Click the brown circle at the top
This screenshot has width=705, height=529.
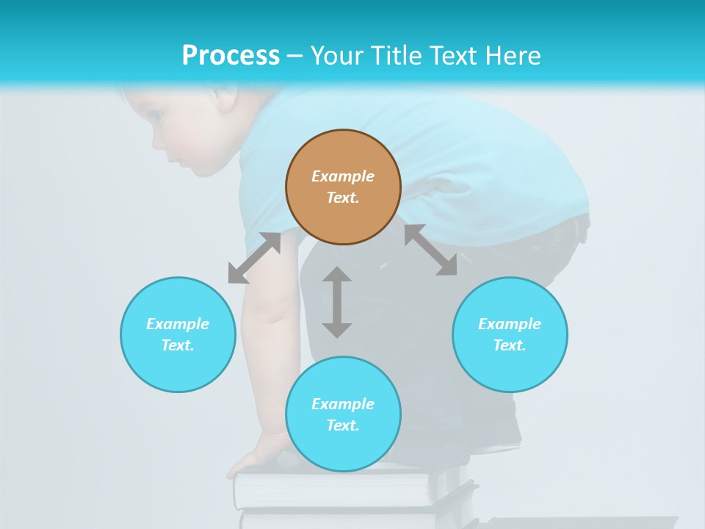pos(343,187)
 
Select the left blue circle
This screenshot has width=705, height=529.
pos(178,334)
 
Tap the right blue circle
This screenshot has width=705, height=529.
pos(510,334)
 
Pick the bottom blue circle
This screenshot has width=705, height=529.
pos(343,414)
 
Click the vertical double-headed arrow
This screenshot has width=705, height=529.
pos(337,302)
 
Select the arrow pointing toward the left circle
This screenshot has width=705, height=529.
pos(254,258)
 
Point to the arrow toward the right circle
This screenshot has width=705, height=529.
pos(430,250)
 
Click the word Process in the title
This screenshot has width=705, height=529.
pos(231,56)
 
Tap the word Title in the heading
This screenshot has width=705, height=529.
pos(398,56)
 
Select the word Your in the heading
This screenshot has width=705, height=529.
pos(339,56)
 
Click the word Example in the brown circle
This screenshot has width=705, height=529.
pos(343,176)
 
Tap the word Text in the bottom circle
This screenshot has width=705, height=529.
pos(341,425)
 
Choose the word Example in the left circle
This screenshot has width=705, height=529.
pos(178,324)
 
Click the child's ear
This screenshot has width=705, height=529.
pos(224,99)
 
